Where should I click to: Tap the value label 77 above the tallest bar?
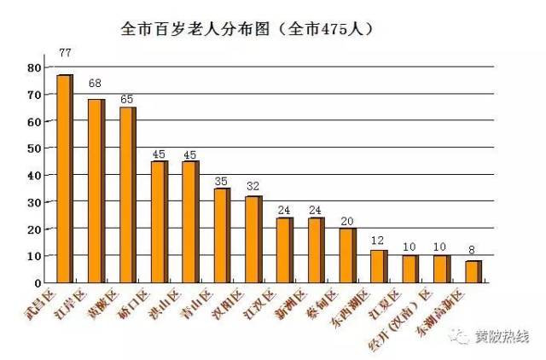(65, 53)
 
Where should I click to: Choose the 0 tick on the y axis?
(38, 282)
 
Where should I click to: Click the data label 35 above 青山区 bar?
(221, 182)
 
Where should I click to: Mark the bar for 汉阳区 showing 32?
(253, 239)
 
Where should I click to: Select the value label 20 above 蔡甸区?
(347, 222)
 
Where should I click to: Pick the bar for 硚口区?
(159, 222)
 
